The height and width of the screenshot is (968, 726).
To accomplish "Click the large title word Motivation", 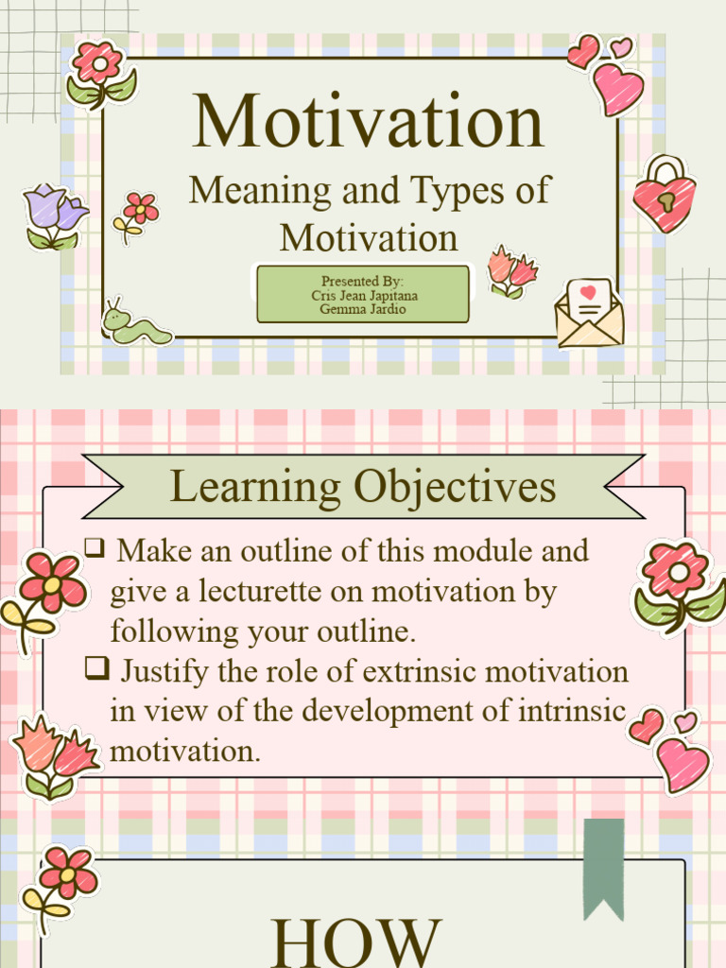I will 368,122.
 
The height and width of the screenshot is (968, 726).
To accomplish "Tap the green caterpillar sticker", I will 136,324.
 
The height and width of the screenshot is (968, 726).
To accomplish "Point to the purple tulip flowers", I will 55,216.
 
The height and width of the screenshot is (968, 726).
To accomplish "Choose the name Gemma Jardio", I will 363,309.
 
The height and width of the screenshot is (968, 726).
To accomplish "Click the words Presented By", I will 363,282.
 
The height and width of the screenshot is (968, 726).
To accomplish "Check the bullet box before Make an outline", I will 94,546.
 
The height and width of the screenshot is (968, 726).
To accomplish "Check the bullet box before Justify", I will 94,668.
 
